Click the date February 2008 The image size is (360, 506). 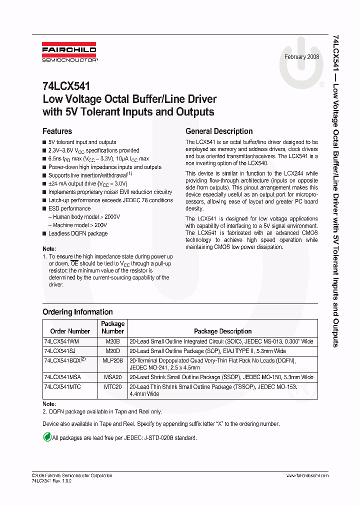click(302, 57)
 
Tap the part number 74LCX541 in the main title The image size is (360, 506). click(66, 86)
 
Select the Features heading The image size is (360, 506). click(57, 131)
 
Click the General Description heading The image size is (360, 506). click(219, 131)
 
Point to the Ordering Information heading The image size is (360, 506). click(77, 312)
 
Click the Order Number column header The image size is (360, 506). click(70, 331)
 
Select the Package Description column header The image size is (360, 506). click(222, 331)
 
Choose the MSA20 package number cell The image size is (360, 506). click(113, 377)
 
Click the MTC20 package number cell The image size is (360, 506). click(113, 387)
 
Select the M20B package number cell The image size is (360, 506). click(113, 341)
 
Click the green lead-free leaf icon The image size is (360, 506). click(47, 437)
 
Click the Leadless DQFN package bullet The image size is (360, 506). click(77, 233)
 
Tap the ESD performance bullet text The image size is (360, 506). click(69, 208)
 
